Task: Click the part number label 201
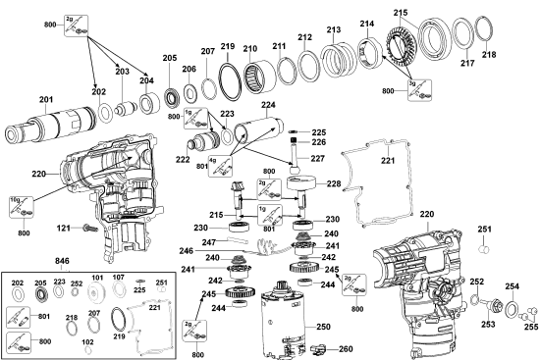click(x=46, y=99)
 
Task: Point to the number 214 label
click(x=367, y=24)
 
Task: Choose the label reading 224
click(x=267, y=105)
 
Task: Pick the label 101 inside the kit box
click(x=97, y=278)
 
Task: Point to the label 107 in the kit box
click(x=118, y=278)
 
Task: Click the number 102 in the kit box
click(x=88, y=342)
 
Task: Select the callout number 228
click(x=333, y=183)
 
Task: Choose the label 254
click(x=512, y=286)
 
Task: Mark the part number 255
click(x=530, y=331)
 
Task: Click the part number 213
click(x=334, y=29)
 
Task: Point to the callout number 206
click(x=189, y=69)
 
